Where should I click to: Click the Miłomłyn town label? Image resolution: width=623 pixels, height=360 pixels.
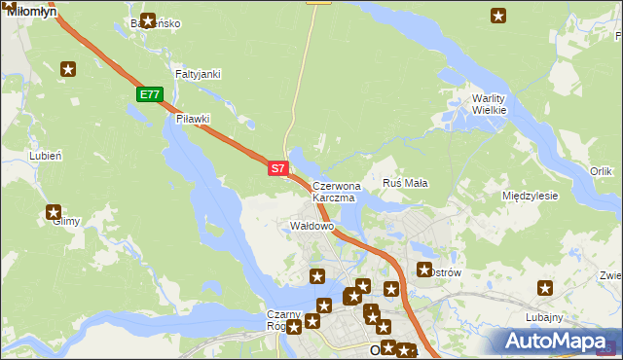click(31, 10)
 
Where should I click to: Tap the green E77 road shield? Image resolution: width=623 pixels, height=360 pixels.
click(148, 94)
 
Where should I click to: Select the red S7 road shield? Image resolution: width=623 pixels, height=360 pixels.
click(277, 168)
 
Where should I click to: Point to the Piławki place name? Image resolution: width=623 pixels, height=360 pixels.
click(193, 119)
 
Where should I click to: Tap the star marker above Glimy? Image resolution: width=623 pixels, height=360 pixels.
click(54, 211)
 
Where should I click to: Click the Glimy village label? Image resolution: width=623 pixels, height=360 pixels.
click(67, 222)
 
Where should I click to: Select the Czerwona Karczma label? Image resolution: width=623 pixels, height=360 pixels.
click(337, 192)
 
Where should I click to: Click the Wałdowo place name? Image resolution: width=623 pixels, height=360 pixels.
click(312, 226)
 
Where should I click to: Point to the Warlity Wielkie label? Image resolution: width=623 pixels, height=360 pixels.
click(490, 104)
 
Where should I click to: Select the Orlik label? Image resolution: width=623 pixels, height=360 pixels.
click(601, 171)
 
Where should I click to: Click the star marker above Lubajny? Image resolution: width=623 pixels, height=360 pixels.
click(545, 287)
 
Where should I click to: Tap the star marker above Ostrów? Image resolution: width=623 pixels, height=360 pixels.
click(424, 270)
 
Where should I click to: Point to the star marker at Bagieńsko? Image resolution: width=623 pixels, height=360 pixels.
click(148, 19)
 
